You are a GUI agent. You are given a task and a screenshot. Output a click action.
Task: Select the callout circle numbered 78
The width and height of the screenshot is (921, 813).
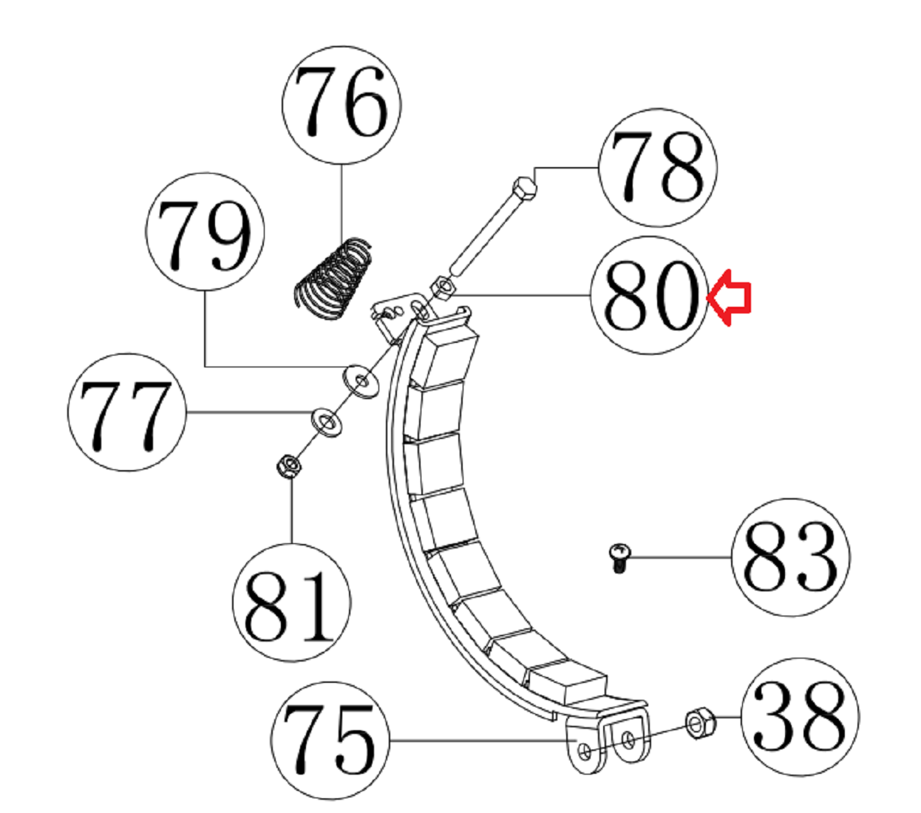659,168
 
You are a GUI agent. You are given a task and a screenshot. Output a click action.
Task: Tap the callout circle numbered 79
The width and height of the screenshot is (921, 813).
205,232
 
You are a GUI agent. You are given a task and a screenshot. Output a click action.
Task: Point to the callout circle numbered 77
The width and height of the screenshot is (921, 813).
126,412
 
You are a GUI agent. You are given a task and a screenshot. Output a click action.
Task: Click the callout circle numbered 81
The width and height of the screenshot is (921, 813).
291,602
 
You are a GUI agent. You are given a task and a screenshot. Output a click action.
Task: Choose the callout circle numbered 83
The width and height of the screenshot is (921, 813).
790,557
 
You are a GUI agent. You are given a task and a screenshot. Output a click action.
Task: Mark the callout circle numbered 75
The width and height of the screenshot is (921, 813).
330,740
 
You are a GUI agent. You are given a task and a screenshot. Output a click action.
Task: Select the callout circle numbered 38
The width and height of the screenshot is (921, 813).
800,716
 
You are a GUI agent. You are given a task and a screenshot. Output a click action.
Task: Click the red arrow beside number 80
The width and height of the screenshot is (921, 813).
730,297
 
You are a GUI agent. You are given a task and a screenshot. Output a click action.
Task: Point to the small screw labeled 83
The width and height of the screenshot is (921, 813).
619,557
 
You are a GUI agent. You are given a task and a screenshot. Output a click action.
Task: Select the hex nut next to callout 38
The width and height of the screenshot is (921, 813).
699,722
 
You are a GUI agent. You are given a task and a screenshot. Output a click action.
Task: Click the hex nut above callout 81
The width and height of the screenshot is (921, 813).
288,466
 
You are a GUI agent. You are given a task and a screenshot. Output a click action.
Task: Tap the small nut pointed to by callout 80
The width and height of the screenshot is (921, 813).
441,288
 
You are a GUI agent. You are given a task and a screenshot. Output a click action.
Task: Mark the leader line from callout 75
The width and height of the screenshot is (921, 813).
480,740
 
